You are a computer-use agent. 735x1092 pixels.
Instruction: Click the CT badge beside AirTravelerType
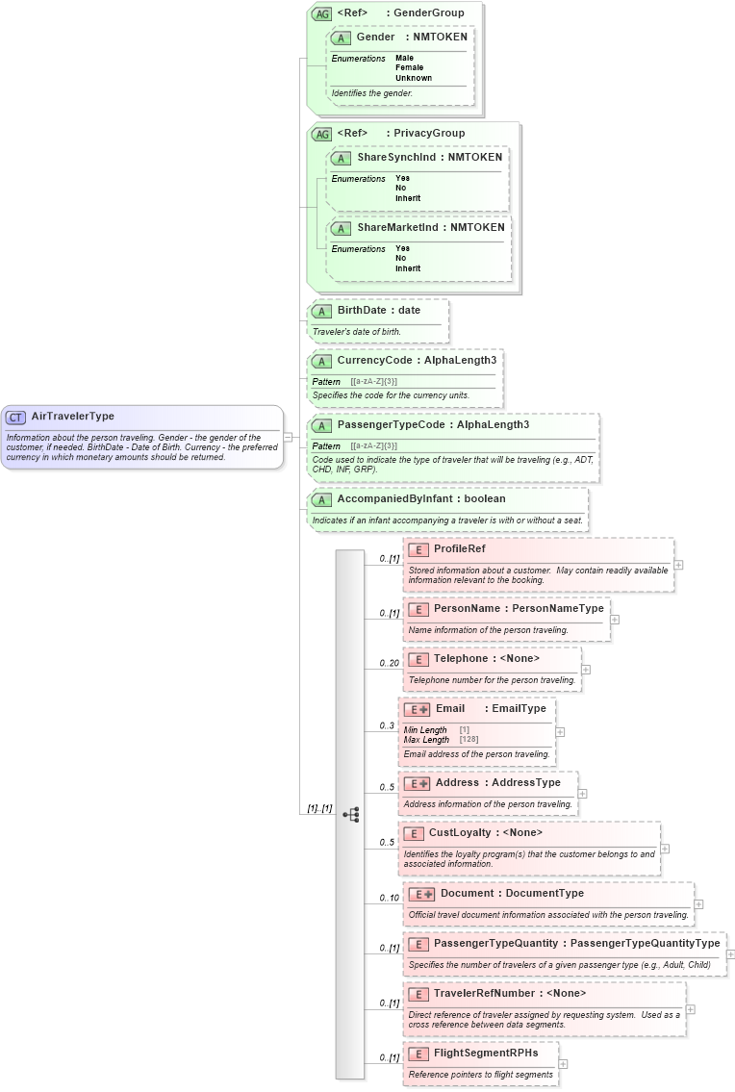[16, 417]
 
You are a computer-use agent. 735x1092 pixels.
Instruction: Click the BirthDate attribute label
[363, 311]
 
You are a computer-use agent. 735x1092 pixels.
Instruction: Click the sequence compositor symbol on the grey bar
[350, 814]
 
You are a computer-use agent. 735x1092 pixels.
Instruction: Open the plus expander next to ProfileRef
[678, 565]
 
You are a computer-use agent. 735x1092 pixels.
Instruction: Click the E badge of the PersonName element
[418, 609]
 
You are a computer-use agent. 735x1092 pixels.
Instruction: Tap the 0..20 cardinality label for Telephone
[388, 664]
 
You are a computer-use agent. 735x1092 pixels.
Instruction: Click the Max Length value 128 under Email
[469, 740]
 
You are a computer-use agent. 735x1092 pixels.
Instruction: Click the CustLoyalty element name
[459, 832]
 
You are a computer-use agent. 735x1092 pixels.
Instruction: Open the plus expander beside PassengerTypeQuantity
[730, 954]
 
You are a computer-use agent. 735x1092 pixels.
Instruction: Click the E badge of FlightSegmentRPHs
[418, 1054]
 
